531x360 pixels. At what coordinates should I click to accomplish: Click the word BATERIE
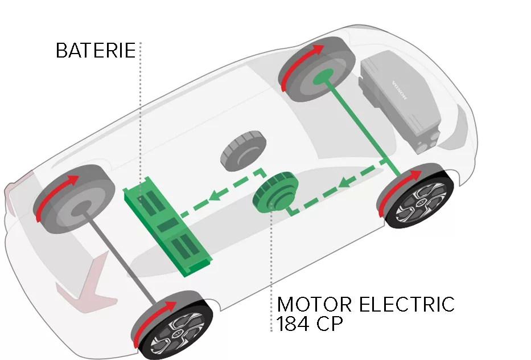(96, 51)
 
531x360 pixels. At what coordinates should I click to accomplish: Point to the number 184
(294, 323)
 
